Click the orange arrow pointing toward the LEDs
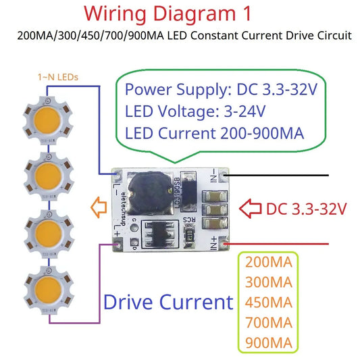point(99,206)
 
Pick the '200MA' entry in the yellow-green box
point(269,262)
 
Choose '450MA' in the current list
point(269,302)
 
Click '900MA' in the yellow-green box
point(269,342)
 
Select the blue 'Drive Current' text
point(168,302)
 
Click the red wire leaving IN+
point(284,243)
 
